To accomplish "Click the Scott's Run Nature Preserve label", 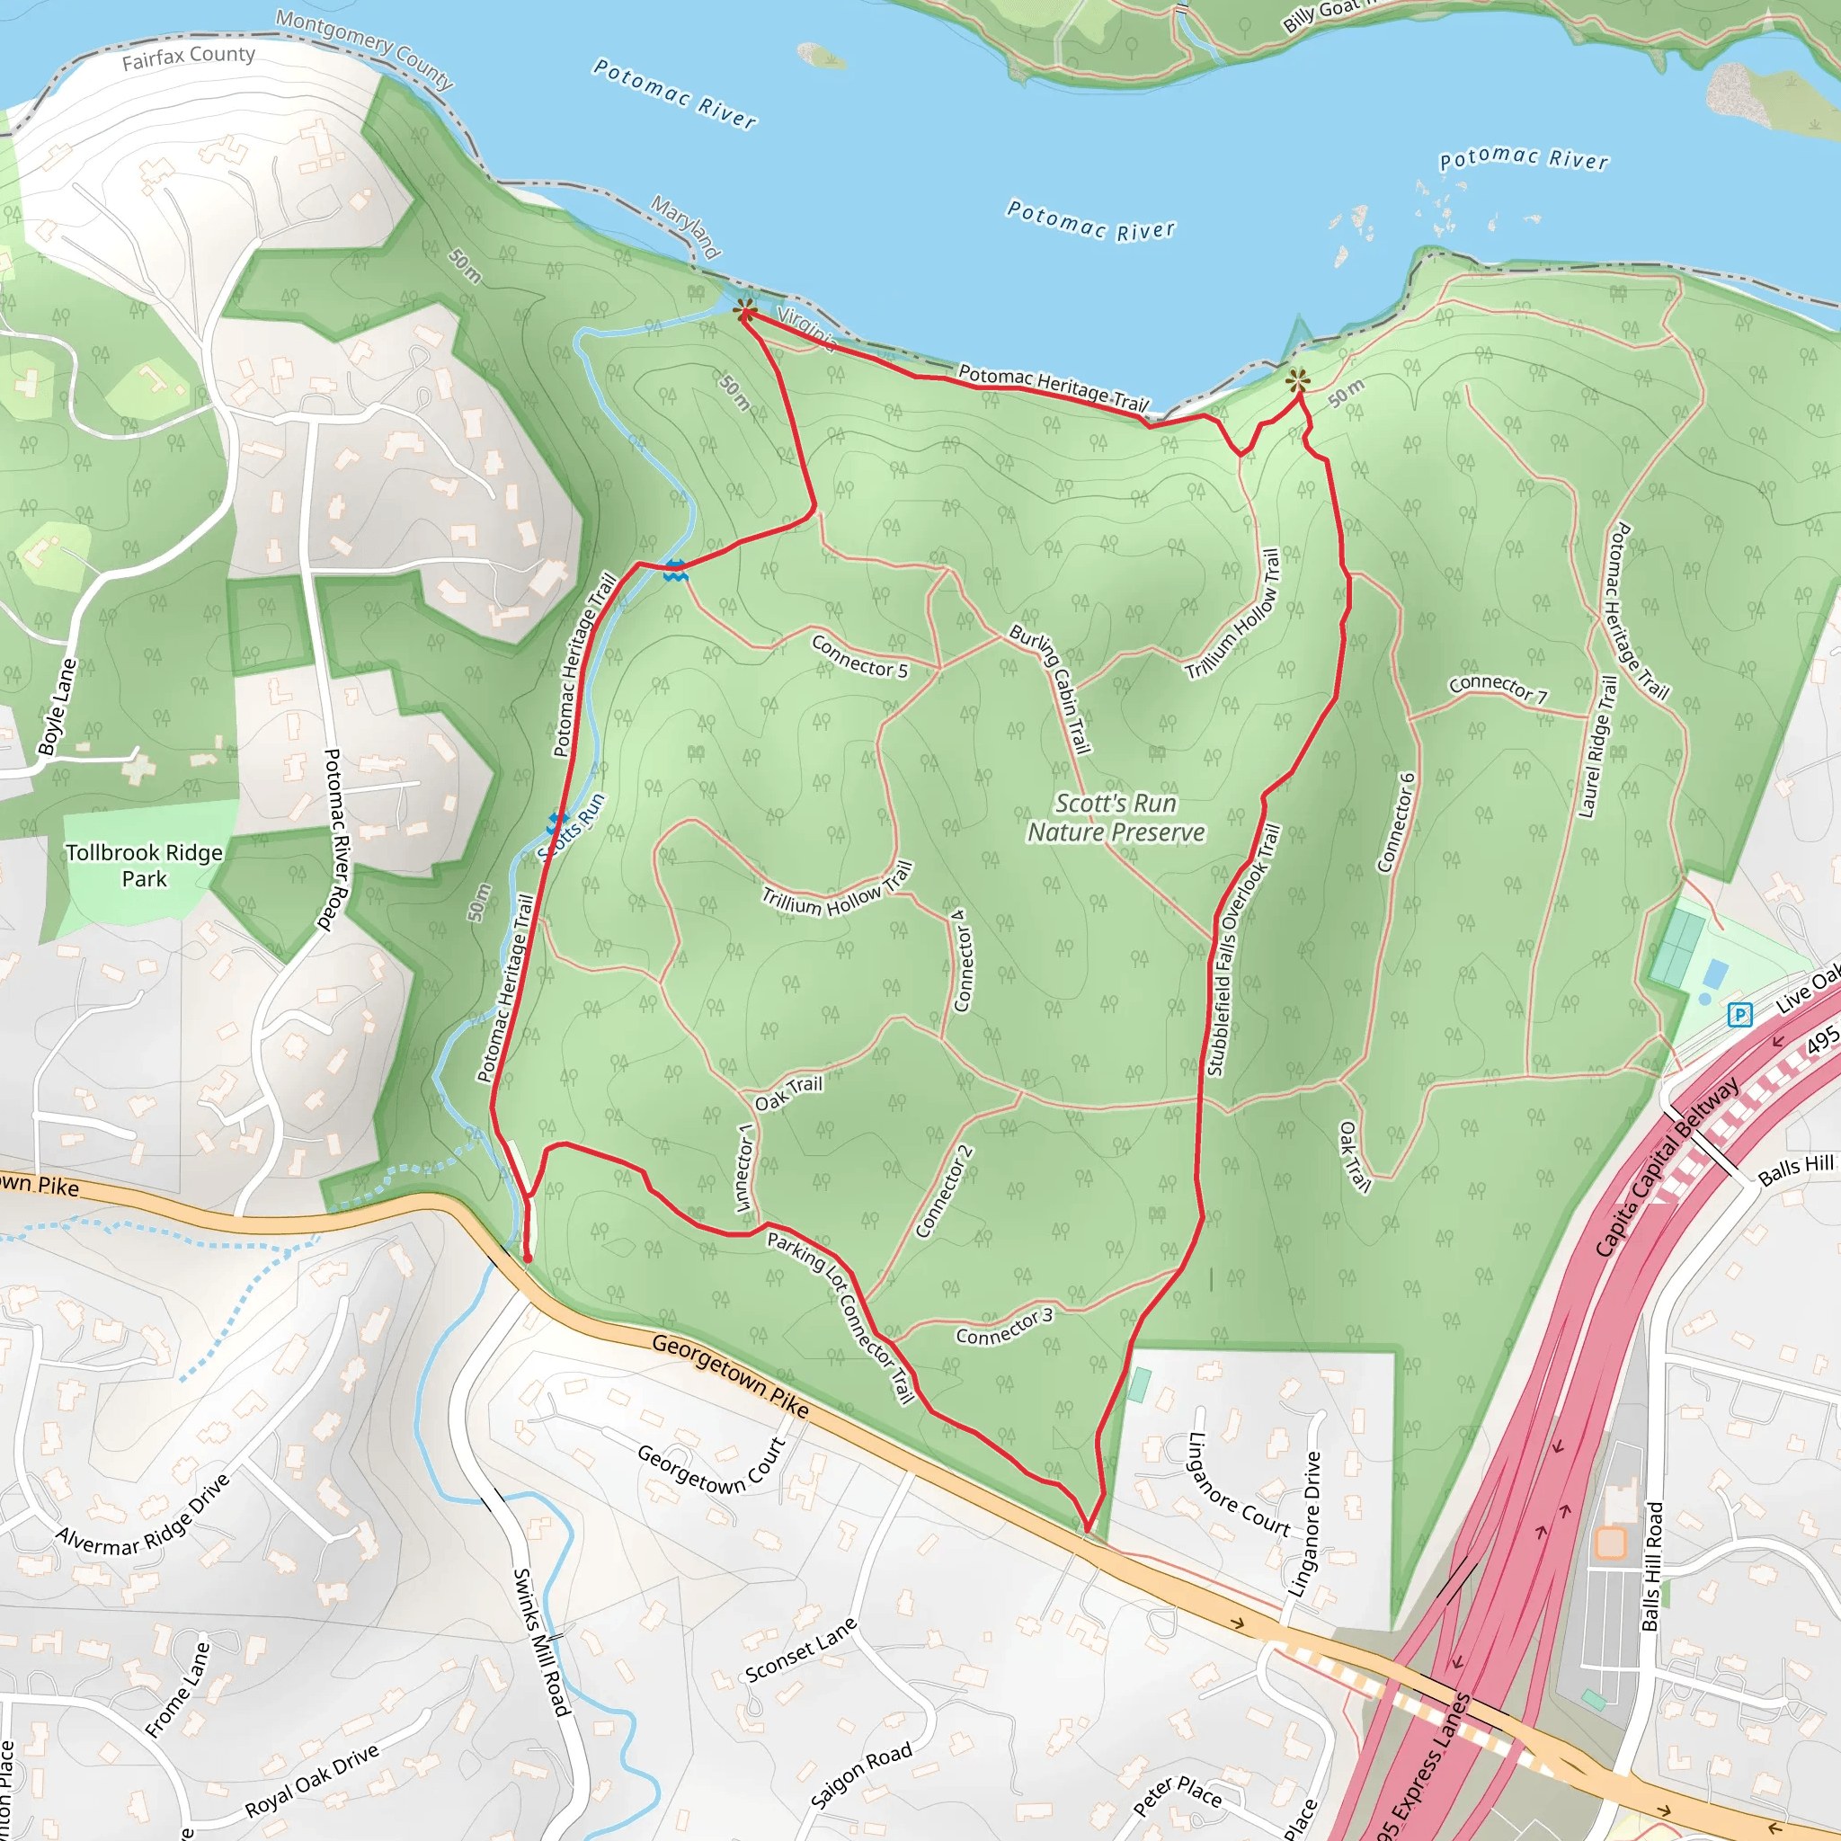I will pyautogui.click(x=1116, y=818).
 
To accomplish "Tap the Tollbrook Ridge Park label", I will pyautogui.click(x=144, y=866).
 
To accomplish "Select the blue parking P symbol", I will pyautogui.click(x=1740, y=1015).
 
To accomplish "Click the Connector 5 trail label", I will pyautogui.click(x=859, y=657).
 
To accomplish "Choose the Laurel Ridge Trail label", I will pyautogui.click(x=1598, y=747).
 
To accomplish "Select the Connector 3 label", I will pyautogui.click(x=1004, y=1328).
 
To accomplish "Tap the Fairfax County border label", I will pyautogui.click(x=189, y=58).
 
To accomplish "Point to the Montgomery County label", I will pyautogui.click(x=365, y=47).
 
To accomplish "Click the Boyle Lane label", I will pyautogui.click(x=57, y=706).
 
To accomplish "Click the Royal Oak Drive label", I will pyautogui.click(x=313, y=1780).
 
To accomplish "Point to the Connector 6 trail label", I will pyautogui.click(x=1396, y=823).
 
